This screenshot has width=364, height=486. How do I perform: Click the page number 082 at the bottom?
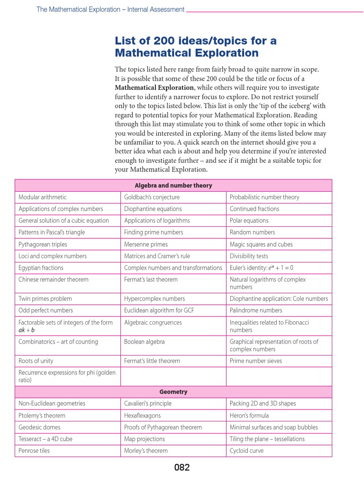(182, 467)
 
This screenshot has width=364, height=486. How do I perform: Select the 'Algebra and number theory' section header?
(173, 186)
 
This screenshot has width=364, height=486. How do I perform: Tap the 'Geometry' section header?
(173, 392)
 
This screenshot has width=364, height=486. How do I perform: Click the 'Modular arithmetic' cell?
(43, 197)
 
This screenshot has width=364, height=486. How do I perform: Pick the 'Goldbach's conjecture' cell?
(152, 197)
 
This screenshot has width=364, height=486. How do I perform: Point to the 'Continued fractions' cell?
(255, 209)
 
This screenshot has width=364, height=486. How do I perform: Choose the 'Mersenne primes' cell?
(146, 244)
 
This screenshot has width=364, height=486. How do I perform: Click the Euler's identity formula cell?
(262, 268)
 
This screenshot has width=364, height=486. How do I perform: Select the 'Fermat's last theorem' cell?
(151, 280)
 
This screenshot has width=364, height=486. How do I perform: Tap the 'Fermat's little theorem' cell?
(152, 361)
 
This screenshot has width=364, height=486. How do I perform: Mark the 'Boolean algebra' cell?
(145, 342)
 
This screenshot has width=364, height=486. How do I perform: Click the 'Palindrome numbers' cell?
(256, 310)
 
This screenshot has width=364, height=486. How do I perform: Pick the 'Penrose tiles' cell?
(34, 450)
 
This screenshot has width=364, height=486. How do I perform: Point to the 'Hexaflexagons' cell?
(142, 415)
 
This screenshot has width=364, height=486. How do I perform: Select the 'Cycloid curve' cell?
(246, 450)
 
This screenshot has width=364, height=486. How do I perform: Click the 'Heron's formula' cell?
(249, 415)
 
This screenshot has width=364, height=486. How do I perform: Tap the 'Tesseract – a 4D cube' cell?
(45, 439)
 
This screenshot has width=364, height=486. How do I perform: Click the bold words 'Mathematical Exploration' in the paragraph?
(155, 88)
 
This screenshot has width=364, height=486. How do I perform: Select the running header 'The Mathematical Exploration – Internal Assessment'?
(110, 9)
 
